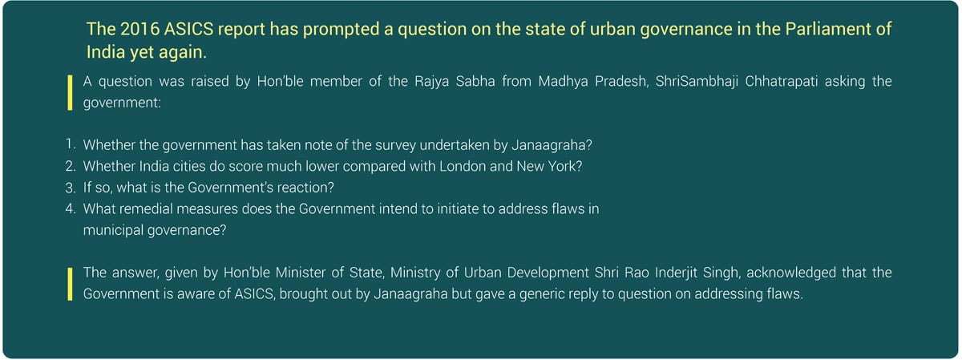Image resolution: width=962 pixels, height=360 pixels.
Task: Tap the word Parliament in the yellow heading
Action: [x=827, y=29]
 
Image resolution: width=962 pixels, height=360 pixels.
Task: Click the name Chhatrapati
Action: [x=781, y=81]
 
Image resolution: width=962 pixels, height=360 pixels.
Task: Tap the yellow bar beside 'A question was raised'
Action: [x=70, y=93]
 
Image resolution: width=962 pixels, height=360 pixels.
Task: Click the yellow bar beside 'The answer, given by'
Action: [x=70, y=284]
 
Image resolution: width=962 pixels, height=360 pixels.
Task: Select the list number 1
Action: [x=71, y=144]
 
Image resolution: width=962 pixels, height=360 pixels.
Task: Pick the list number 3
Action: [x=71, y=188]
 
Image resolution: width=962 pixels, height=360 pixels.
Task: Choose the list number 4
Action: [x=71, y=208]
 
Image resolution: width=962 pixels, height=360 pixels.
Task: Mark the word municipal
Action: [x=113, y=231]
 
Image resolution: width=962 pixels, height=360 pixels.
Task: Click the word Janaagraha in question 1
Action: [x=552, y=146]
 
